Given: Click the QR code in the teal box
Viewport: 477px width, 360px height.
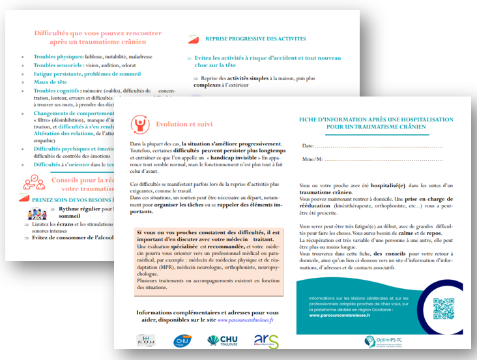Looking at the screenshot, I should pos(442,308).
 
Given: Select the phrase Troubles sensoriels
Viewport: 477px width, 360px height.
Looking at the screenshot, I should pos(57,65).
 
